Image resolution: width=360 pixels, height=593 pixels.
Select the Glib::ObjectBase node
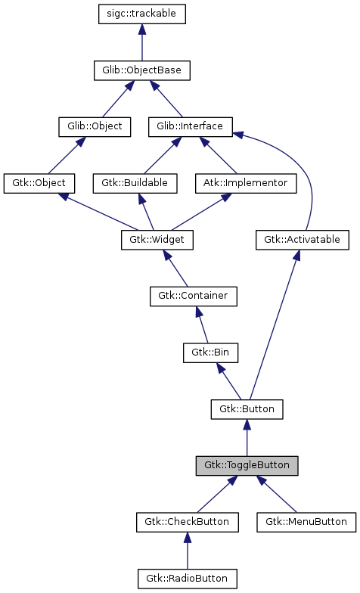[141, 70]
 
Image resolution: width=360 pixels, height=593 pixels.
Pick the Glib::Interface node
[190, 126]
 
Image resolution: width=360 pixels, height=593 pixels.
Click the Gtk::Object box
[39, 183]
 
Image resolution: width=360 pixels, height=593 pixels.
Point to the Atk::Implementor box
[244, 183]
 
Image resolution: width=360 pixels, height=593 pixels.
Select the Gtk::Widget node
[157, 240]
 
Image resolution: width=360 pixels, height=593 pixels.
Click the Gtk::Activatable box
[303, 240]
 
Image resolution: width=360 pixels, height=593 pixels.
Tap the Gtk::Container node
[193, 296]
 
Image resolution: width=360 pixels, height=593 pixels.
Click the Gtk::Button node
[247, 409]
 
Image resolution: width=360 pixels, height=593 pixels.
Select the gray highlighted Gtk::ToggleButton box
[247, 465]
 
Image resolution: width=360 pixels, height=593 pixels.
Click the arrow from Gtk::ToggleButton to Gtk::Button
[247, 439]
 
